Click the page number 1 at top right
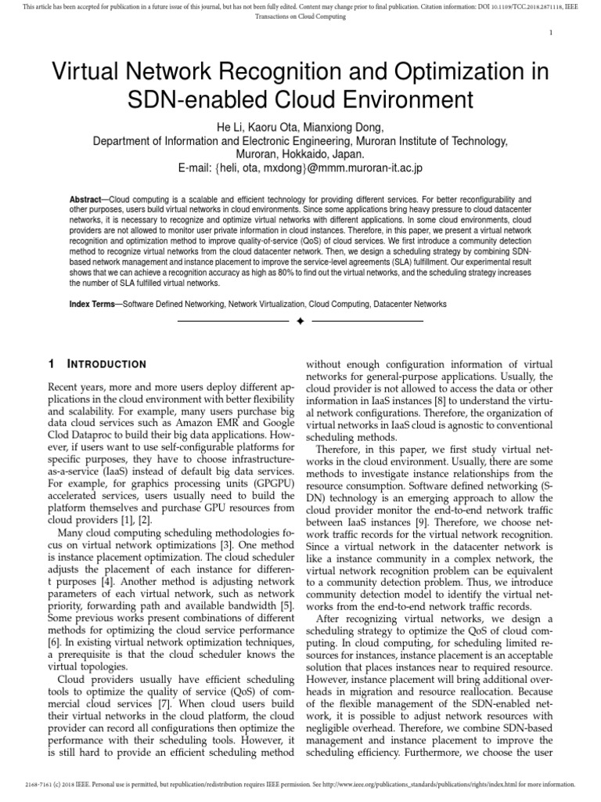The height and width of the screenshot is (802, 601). [552, 33]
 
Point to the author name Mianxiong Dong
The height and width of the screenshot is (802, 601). [351, 128]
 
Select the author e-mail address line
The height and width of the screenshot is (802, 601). [300, 168]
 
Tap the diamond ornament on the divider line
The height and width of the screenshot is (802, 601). [300, 322]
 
